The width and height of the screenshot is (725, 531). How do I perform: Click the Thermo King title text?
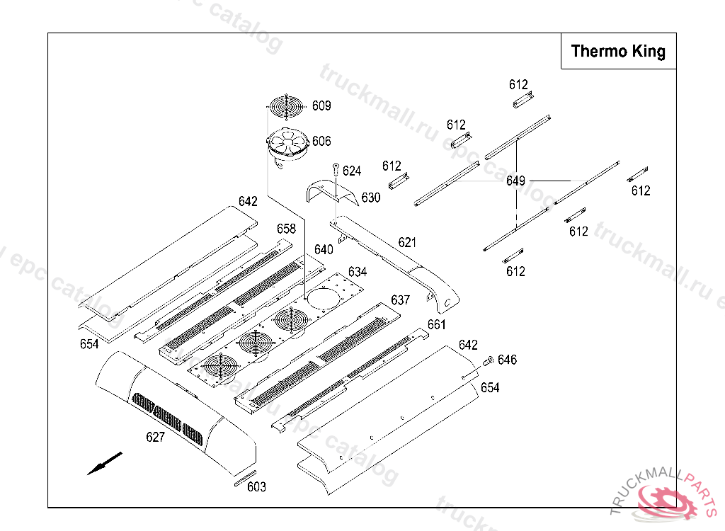click(617, 51)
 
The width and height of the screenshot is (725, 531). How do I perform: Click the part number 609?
click(321, 106)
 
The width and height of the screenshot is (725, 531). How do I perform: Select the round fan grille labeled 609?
click(287, 106)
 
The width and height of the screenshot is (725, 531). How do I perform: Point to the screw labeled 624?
click(336, 169)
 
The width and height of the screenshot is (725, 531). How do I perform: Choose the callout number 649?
click(515, 181)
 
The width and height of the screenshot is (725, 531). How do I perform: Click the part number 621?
click(407, 242)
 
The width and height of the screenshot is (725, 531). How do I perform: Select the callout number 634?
click(358, 271)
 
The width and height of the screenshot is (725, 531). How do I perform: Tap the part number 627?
click(155, 437)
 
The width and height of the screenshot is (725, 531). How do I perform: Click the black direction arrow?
click(105, 463)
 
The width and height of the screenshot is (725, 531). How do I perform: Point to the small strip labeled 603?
click(245, 478)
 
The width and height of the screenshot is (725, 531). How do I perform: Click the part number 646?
click(507, 360)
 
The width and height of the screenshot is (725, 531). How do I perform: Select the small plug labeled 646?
click(489, 361)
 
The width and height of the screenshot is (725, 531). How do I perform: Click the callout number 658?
click(286, 229)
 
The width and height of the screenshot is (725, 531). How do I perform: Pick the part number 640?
click(324, 250)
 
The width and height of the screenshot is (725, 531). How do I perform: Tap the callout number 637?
click(401, 300)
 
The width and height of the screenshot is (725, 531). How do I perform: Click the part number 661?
click(436, 325)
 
